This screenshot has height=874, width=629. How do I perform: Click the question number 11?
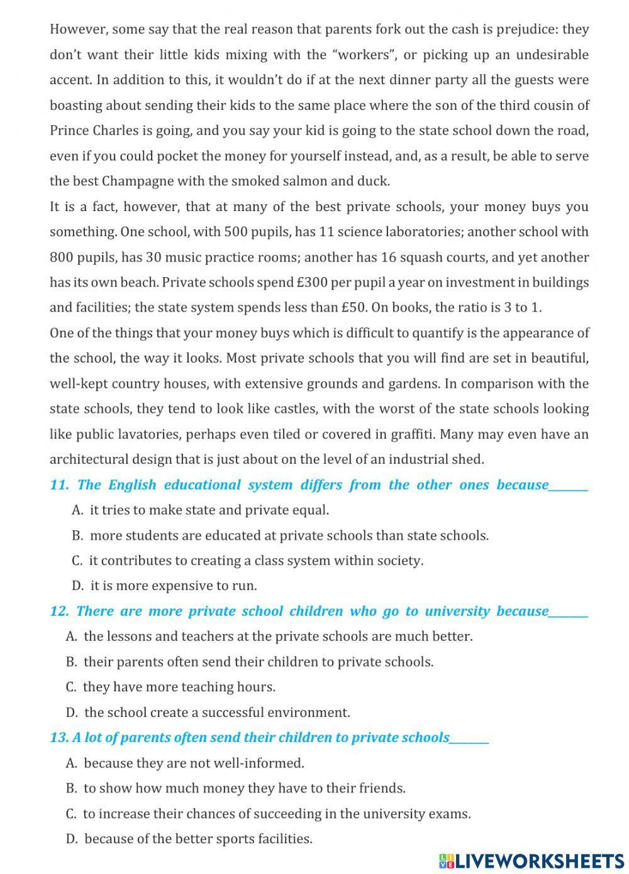(58, 485)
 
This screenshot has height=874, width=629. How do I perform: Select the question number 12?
(58, 611)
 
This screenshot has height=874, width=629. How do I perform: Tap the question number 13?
(58, 738)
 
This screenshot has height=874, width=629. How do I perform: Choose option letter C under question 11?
(77, 560)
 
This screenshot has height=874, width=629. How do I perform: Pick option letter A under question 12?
(70, 636)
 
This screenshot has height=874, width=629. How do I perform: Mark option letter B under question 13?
(70, 788)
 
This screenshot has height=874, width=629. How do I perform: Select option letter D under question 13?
(71, 839)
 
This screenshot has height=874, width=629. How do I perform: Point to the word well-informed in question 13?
(258, 763)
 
